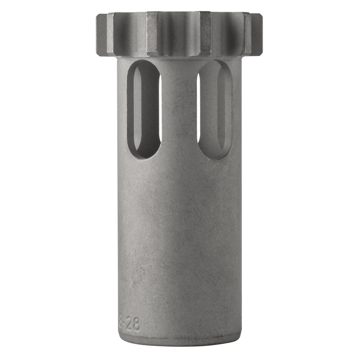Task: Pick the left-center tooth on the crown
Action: click(152, 33)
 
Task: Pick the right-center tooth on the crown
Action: click(205, 33)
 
